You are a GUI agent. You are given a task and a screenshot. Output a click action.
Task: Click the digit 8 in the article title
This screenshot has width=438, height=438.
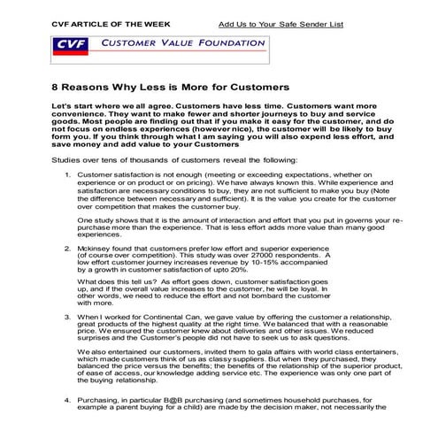[32, 88]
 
